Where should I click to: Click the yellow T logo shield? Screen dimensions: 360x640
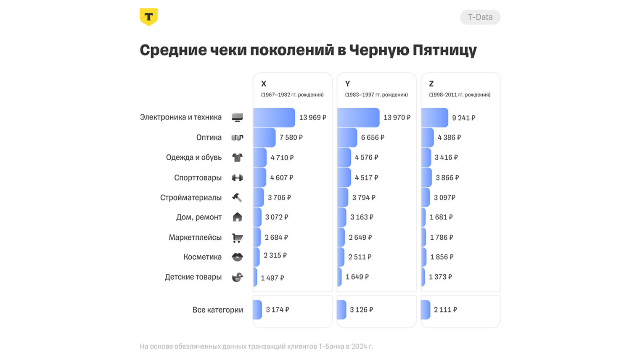click(x=148, y=17)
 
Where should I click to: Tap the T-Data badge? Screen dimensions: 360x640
click(x=480, y=17)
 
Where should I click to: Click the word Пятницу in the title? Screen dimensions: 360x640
click(x=444, y=50)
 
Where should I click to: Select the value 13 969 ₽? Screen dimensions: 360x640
click(x=312, y=118)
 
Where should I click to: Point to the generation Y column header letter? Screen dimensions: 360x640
click(x=348, y=84)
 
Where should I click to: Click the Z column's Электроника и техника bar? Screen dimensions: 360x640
click(x=434, y=118)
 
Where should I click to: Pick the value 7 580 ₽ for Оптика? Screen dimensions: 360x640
click(x=291, y=138)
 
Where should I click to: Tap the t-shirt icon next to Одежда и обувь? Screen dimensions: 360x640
click(x=237, y=158)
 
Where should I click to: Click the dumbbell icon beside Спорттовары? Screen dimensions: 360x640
click(x=237, y=178)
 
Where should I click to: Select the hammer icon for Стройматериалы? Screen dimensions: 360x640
click(x=237, y=198)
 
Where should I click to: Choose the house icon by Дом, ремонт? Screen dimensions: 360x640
click(x=237, y=217)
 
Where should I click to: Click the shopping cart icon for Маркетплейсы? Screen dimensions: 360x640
click(x=237, y=238)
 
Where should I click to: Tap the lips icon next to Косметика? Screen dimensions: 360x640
click(x=237, y=257)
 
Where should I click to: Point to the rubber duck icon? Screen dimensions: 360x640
click(x=237, y=277)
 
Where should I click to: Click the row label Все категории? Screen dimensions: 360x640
click(x=217, y=310)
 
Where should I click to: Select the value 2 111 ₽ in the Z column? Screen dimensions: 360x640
click(x=445, y=310)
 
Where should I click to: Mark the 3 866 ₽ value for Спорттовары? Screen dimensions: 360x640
click(x=447, y=178)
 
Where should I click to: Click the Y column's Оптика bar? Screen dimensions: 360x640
click(x=347, y=138)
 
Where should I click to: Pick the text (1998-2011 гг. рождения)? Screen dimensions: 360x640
click(x=460, y=95)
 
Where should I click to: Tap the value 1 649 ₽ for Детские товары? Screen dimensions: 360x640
click(x=357, y=277)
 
